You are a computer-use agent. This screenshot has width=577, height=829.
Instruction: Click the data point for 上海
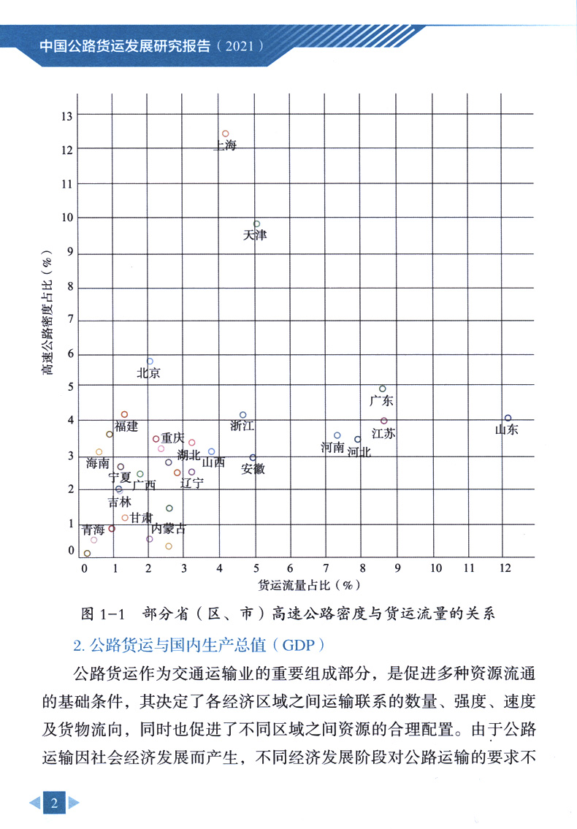click(225, 134)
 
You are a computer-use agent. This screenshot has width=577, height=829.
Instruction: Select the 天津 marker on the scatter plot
click(256, 224)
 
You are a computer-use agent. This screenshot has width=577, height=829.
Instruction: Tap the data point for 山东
click(508, 418)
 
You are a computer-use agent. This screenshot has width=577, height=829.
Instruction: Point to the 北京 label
click(148, 373)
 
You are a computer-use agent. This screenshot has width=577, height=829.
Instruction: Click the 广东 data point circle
click(382, 389)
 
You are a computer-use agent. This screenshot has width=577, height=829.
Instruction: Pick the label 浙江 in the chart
click(242, 426)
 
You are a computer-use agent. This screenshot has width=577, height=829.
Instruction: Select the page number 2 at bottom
click(53, 803)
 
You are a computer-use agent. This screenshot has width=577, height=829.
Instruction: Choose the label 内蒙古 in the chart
click(169, 528)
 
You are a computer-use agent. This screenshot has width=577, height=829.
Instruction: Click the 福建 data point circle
click(124, 414)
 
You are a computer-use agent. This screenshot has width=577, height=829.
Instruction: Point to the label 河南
click(332, 447)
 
